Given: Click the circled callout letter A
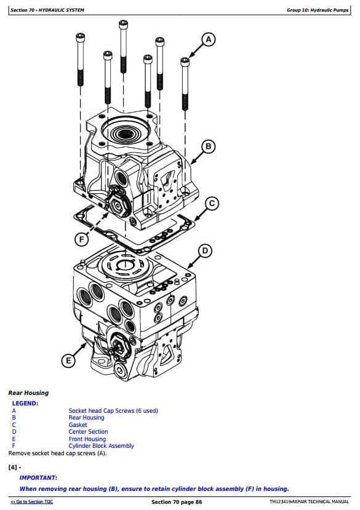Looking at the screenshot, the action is click(209, 40).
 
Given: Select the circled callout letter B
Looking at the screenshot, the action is click(209, 146).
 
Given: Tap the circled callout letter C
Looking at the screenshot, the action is click(212, 204).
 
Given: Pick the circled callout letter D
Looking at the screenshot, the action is click(205, 251).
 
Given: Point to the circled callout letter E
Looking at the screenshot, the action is click(68, 361).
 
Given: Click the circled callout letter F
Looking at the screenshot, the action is click(81, 240).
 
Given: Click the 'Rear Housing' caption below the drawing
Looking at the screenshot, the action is click(29, 393).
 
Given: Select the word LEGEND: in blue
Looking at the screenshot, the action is click(25, 404).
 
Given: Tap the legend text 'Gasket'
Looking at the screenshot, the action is click(78, 424).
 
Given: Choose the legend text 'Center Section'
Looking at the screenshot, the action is click(88, 432).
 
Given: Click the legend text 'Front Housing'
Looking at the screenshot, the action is click(87, 439).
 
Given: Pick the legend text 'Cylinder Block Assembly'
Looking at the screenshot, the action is click(101, 446).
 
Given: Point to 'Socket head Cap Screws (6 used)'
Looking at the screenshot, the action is click(113, 411).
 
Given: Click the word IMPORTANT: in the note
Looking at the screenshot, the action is click(38, 478).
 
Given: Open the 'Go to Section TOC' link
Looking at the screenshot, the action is click(32, 502).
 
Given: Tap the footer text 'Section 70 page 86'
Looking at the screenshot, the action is click(177, 502).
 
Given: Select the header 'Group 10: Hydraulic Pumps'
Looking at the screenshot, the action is click(318, 10).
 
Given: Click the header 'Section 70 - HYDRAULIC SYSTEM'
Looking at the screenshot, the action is click(47, 10).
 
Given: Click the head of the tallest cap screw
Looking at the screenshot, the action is click(123, 25).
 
